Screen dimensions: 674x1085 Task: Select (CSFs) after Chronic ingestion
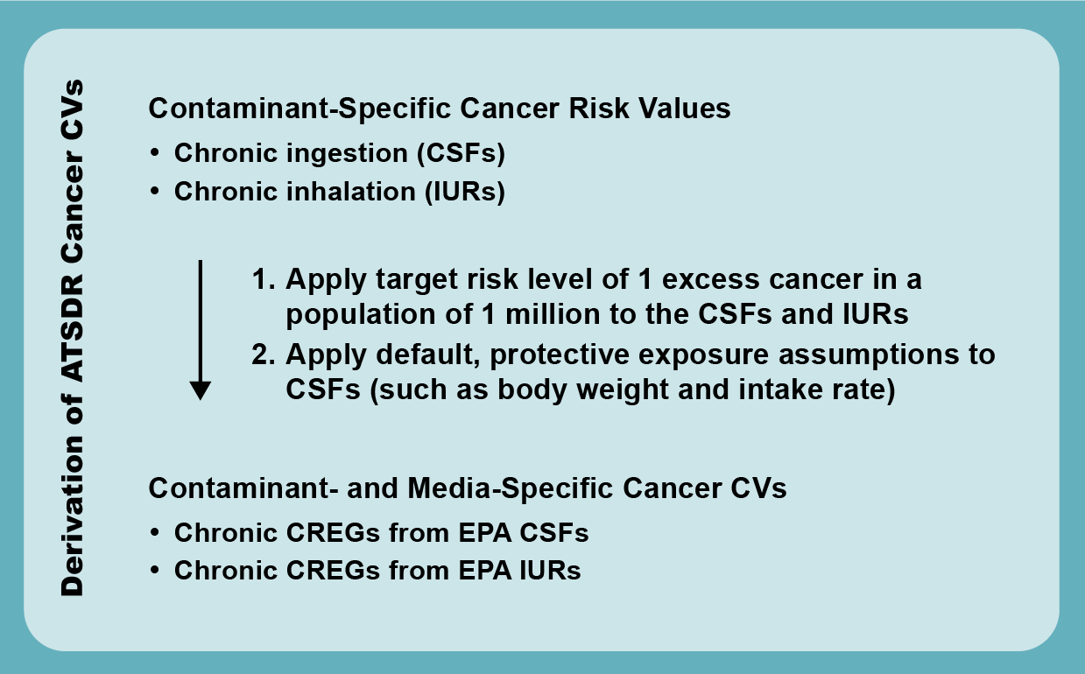pyautogui.click(x=460, y=153)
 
